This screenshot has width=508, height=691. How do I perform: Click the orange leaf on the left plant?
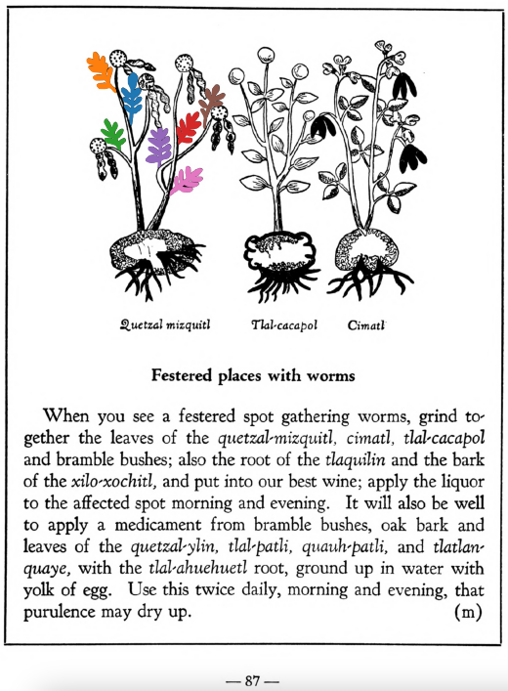tap(101, 69)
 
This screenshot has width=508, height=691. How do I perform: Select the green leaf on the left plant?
tap(114, 133)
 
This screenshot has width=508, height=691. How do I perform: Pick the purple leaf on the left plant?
tap(158, 146)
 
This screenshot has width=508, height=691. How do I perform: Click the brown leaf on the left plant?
tap(212, 98)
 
